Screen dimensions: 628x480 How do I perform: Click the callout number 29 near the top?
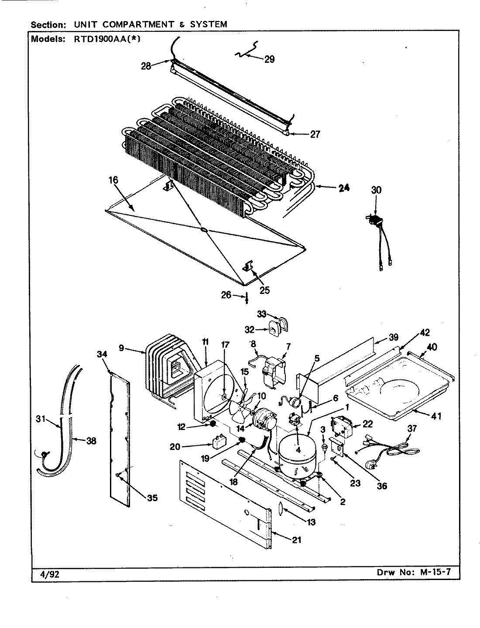pyautogui.click(x=269, y=59)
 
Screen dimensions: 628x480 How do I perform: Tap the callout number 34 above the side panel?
pyautogui.click(x=102, y=354)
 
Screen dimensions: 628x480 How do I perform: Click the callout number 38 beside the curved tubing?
pyautogui.click(x=91, y=440)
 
